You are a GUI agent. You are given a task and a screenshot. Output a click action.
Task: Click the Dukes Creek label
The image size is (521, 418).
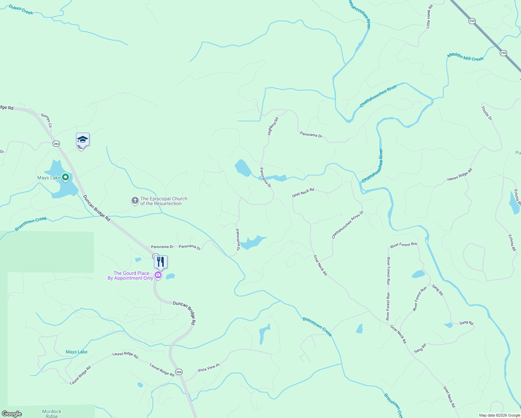click(x=21, y=9)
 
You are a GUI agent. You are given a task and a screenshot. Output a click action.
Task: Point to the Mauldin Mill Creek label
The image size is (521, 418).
click(x=465, y=57)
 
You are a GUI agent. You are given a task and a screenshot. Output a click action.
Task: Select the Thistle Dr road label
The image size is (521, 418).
click(x=487, y=113)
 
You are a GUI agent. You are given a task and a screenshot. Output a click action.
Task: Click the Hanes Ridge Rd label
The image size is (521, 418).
click(x=460, y=175)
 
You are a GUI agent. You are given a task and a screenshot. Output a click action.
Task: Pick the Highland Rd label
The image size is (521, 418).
click(x=273, y=126)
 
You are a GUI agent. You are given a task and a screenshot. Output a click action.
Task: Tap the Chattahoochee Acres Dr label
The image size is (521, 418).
click(x=347, y=225)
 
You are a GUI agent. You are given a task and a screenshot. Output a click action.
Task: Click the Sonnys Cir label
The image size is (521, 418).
click(x=46, y=120)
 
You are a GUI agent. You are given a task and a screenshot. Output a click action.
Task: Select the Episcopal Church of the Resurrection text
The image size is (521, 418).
click(x=164, y=201)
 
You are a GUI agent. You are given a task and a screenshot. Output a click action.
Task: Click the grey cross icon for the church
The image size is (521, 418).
click(x=135, y=201)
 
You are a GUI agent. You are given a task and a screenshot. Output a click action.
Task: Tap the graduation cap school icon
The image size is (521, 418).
click(x=83, y=139)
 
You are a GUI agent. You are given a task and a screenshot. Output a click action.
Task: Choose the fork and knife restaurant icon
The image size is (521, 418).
click(x=161, y=262)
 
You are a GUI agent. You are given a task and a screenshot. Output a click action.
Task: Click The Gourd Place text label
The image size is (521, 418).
click(x=131, y=276)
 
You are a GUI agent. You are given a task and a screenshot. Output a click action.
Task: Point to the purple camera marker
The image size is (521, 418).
click(x=158, y=276)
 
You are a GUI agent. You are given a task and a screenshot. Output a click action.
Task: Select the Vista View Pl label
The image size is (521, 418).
click(x=209, y=367)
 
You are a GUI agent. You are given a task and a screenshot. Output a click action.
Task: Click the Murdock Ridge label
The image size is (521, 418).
click(x=52, y=413)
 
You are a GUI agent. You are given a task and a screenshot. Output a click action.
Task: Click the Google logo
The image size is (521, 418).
click(x=12, y=414)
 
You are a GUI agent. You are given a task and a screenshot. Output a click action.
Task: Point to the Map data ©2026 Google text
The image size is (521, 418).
click(x=499, y=415)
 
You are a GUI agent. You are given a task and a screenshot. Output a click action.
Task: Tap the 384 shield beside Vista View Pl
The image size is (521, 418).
click(x=179, y=372)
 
